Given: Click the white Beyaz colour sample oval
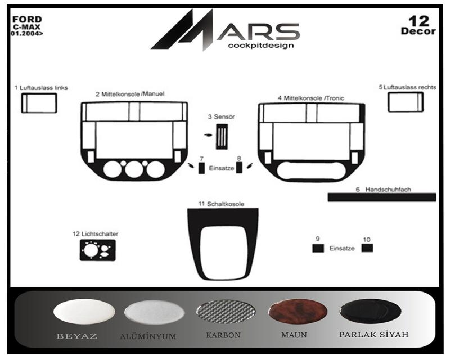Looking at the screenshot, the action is [x=84, y=312].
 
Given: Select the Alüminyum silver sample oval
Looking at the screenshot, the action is [x=154, y=312].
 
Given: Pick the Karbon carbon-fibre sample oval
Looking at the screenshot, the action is [x=226, y=311].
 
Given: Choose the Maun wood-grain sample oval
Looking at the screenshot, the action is [x=298, y=312].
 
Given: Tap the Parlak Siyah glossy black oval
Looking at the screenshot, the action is [x=371, y=311].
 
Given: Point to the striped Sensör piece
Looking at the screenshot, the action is [x=222, y=137].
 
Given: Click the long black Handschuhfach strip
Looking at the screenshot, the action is [x=382, y=197].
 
